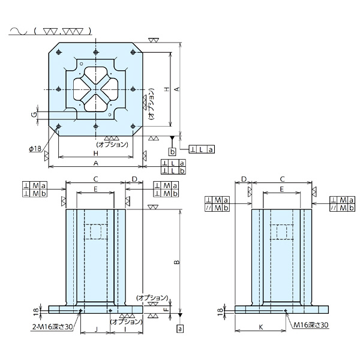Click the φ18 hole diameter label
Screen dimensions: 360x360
pos(34,149)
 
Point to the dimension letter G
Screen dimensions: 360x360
pos(35,113)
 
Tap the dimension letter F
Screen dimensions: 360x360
pos(165,310)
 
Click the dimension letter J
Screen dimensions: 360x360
pos(96,329)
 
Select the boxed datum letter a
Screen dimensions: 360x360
pos(180,329)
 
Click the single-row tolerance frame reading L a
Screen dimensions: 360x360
pos(202,149)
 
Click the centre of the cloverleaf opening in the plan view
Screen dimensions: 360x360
pos(95,89)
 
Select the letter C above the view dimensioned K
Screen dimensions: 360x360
pos(281,179)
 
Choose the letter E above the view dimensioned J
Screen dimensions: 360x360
pos(95,188)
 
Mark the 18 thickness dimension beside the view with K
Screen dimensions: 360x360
pos(221,309)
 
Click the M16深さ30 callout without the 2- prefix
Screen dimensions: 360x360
pos(311,324)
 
